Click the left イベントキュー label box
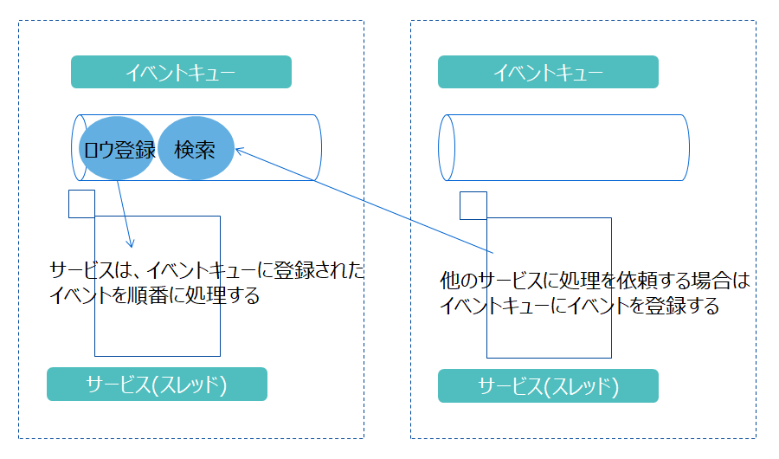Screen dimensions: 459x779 181,73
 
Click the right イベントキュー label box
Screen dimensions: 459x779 548,73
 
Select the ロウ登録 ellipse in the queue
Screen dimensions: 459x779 118,148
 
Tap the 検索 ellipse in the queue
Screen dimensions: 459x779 196,148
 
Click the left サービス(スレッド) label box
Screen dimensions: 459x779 157,385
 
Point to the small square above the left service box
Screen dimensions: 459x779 81,204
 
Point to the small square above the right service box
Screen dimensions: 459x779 473,205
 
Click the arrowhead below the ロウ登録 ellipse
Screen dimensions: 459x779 131,244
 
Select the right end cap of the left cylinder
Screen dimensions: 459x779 313,147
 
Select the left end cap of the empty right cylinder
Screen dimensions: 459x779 447,148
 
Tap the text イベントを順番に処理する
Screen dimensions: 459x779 156,295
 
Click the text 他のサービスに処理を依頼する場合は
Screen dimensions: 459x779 593,281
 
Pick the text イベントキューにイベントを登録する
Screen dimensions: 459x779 579,306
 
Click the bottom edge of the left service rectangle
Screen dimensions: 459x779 157,355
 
